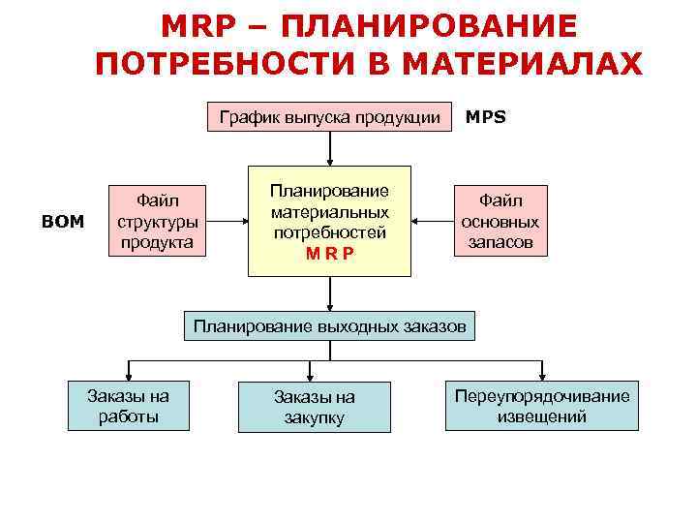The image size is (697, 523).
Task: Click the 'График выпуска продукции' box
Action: click(330, 118)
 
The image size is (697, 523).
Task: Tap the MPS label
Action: click(485, 118)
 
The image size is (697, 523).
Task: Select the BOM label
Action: click(64, 222)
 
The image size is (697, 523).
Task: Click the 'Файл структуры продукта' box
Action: click(158, 221)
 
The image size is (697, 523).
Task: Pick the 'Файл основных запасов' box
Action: click(500, 222)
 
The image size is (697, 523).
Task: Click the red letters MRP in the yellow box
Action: click(329, 253)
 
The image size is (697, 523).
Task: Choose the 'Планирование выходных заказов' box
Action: click(330, 326)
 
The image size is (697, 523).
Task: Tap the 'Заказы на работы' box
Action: click(128, 406)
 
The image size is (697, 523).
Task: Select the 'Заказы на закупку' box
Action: click(314, 407)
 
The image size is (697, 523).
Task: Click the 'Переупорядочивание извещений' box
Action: click(541, 406)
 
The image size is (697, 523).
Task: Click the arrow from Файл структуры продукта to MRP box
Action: click(227, 221)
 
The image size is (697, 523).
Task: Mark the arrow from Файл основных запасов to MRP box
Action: click(432, 222)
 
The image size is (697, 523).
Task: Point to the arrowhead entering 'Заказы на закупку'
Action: click(310, 376)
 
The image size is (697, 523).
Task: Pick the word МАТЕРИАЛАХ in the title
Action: click(521, 64)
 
